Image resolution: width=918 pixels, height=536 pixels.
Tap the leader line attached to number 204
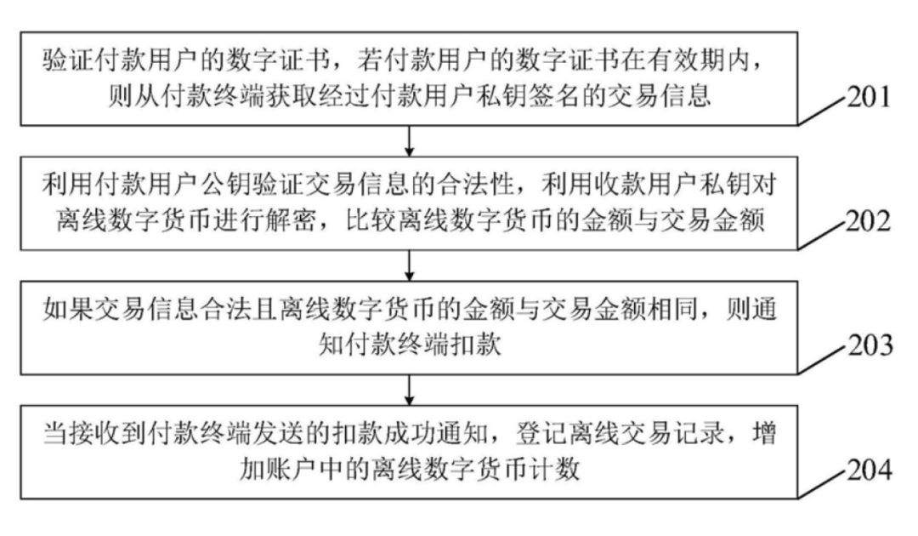[x=823, y=484]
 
